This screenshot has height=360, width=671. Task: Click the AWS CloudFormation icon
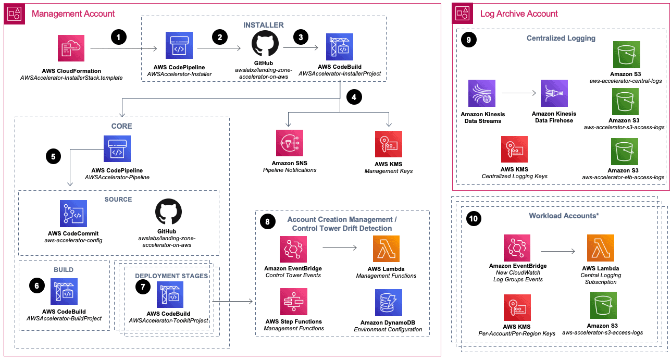(71, 48)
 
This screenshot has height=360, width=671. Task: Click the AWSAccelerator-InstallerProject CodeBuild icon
(339, 47)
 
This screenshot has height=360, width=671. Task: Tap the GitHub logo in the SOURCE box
(169, 213)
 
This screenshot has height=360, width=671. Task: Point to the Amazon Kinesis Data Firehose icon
(554, 94)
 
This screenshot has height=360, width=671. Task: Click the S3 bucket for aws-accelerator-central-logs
(626, 55)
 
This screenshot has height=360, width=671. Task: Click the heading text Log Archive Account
(518, 14)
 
